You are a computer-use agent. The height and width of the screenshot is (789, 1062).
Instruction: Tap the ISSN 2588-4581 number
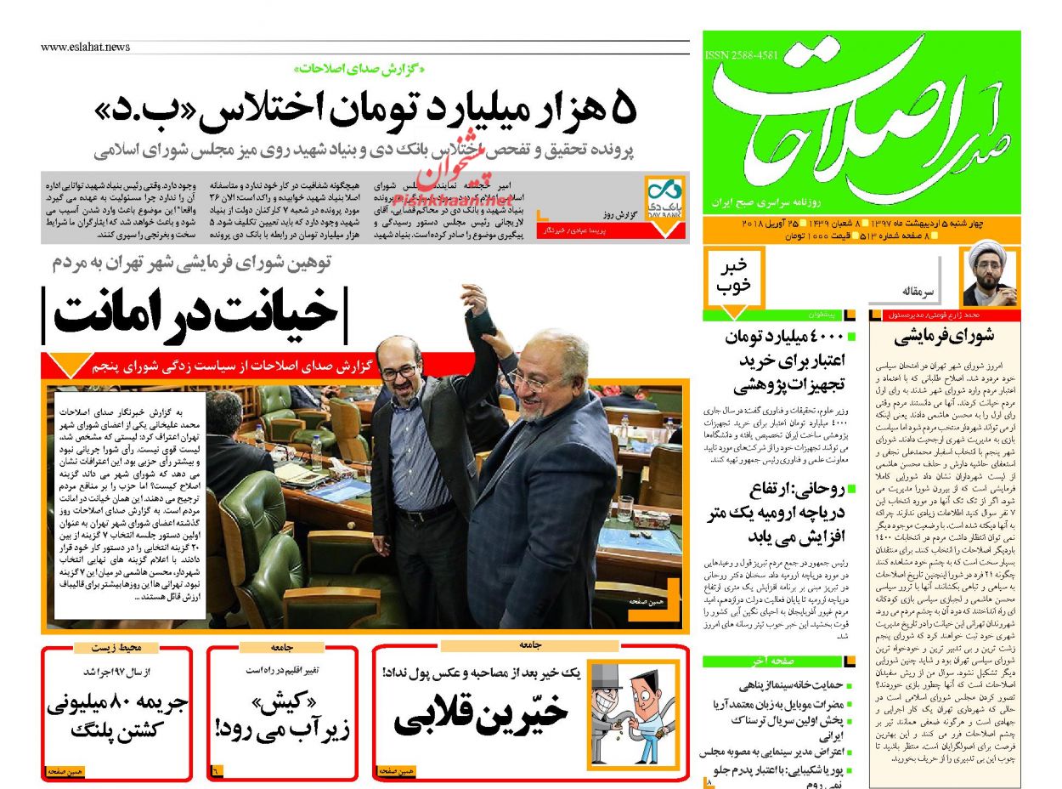click(x=741, y=55)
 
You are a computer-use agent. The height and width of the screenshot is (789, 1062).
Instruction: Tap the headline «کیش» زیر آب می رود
click(x=281, y=716)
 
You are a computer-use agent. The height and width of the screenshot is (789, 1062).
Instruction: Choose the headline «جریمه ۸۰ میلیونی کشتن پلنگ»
click(x=116, y=716)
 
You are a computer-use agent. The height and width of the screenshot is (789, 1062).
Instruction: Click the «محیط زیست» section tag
click(x=116, y=648)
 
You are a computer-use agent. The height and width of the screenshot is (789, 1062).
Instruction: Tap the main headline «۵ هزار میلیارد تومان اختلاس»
click(x=365, y=109)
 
